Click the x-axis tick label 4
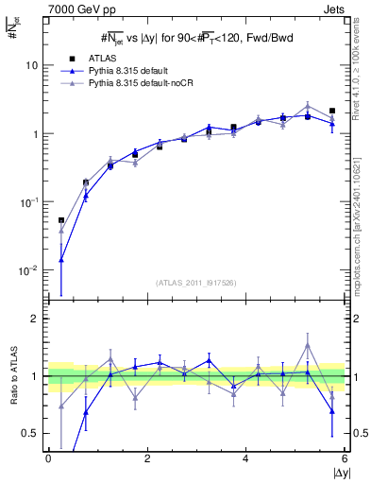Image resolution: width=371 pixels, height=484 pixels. click(x=245, y=458)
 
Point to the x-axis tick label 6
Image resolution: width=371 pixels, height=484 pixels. click(x=345, y=458)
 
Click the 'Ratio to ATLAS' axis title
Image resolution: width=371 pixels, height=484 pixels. click(x=12, y=375)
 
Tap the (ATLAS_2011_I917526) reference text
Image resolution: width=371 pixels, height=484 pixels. click(x=196, y=282)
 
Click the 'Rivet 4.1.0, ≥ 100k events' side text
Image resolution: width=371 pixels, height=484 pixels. click(x=362, y=76)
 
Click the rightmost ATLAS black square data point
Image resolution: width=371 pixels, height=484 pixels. click(x=332, y=111)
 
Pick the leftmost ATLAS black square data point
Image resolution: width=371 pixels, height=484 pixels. click(x=61, y=220)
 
